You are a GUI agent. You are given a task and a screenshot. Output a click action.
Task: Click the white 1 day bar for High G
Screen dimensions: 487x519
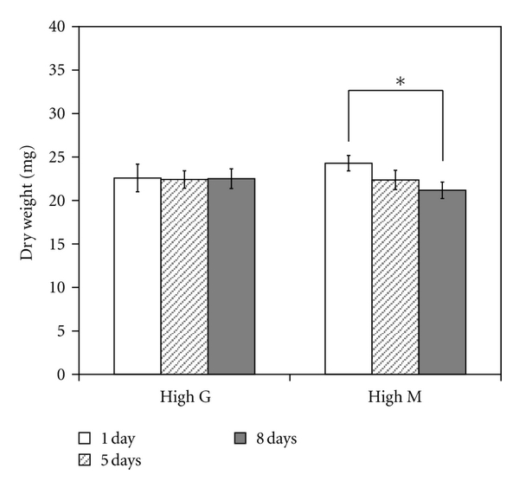tap(137, 277)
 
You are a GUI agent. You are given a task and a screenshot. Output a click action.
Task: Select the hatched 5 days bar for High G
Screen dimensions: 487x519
tap(183, 277)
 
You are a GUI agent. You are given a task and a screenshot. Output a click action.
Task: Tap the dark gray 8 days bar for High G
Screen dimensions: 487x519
tap(231, 277)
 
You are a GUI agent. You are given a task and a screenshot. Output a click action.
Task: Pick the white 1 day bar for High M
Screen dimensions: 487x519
tap(348, 269)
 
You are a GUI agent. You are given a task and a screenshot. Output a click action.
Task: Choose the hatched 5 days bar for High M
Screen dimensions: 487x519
tap(395, 277)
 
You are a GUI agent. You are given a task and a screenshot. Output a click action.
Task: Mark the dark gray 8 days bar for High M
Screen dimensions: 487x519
tap(442, 282)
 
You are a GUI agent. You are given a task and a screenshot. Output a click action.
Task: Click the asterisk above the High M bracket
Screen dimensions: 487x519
tap(400, 83)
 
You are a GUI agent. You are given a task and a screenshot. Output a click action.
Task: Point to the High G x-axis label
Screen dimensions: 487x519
tap(183, 398)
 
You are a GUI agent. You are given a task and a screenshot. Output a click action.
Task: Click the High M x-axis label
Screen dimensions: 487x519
tap(395, 398)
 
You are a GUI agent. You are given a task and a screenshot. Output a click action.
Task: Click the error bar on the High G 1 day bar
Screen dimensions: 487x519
tap(137, 177)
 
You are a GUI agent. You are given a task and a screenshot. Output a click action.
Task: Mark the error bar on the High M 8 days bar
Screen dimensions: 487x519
tap(442, 190)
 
